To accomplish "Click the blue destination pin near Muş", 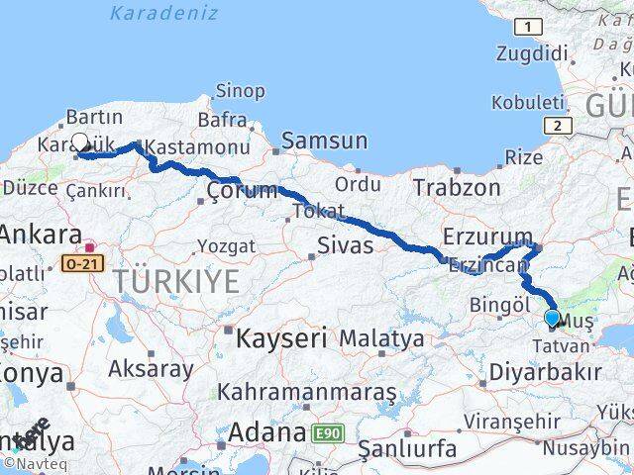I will tap(552, 319).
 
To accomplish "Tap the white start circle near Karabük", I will tap(80, 142).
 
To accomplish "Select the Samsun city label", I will tap(324, 141).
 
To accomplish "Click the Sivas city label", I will tap(345, 245).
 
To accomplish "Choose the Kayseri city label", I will tap(281, 338).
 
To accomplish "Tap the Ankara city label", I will tap(40, 236).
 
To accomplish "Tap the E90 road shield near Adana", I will tap(328, 433).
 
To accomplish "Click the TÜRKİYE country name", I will tap(175, 282).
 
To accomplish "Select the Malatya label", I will tap(381, 338).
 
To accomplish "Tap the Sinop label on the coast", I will tap(240, 91).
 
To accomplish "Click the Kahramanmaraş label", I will tap(307, 392).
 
